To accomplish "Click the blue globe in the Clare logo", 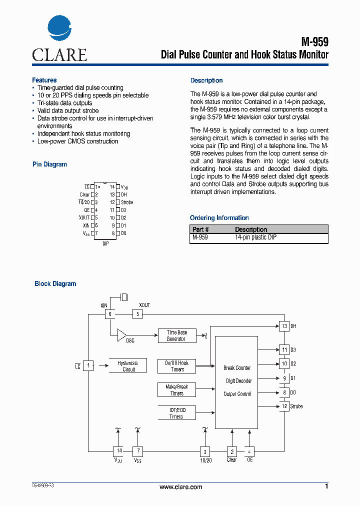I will coord(59,28).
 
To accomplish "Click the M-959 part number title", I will coord(314,42).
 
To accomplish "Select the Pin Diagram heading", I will coord(49,164).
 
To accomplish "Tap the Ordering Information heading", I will coord(219,218).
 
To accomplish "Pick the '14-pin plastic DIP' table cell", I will coord(255,237).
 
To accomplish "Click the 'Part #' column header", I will coord(201,229).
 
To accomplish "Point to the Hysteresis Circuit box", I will coord(128,366).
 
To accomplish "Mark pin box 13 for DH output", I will coord(284,326).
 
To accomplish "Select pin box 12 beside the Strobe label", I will coord(284,406).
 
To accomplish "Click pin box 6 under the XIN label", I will coord(110,314).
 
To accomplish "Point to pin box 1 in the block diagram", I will coord(88,366).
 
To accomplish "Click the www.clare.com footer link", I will coord(180,487).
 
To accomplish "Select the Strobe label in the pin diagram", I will coord(127,202).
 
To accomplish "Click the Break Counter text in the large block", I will coord(237,368).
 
